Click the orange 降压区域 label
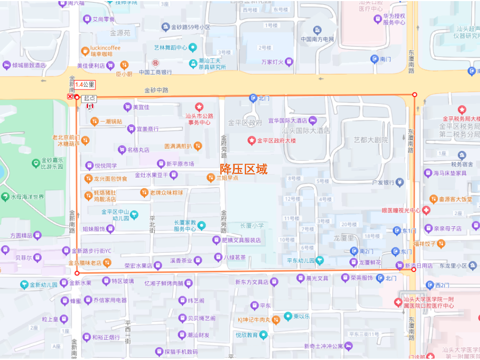click(244, 169)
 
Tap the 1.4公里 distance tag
click(85, 84)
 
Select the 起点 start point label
click(89, 98)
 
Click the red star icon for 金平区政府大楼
click(251, 141)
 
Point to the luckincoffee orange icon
click(85, 51)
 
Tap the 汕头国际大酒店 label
click(306, 130)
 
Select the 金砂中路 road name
click(156, 90)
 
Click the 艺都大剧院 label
click(371, 140)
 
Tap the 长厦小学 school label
click(252, 226)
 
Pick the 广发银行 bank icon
click(399, 182)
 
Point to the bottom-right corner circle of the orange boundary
click(414, 269)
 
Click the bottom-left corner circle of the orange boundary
click(77, 274)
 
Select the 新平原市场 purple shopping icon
click(161, 164)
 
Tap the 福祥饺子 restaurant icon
click(441, 244)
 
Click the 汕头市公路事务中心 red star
click(199, 107)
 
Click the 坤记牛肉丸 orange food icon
click(276, 320)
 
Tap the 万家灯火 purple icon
click(289, 62)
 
